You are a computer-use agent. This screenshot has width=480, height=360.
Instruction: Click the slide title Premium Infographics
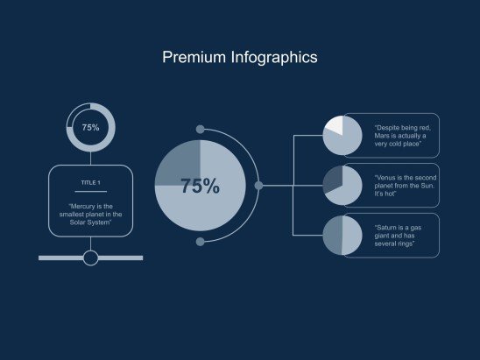tap(239, 58)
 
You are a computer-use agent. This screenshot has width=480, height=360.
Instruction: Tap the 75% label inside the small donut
tap(90, 128)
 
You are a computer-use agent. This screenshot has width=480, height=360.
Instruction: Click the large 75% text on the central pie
tap(200, 187)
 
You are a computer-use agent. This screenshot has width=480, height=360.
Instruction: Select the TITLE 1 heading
tap(90, 182)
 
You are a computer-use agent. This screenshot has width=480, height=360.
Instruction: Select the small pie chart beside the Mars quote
tap(342, 135)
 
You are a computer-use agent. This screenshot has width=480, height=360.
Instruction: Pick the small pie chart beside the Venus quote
tap(342, 186)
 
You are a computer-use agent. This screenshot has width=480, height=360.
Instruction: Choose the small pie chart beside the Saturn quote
tap(342, 236)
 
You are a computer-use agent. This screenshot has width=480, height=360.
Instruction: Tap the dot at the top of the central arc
tap(200, 130)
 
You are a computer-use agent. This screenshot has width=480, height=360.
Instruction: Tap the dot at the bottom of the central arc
tap(200, 242)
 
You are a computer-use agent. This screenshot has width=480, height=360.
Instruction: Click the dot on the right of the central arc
tap(258, 186)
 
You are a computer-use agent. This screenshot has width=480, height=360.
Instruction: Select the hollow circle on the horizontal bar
tap(90, 258)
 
